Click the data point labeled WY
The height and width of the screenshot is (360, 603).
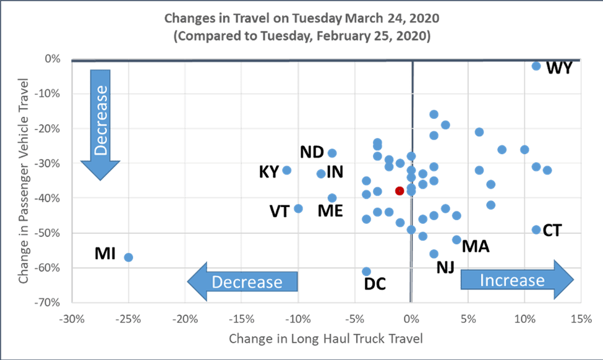click(536, 66)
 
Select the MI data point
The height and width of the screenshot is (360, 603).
click(129, 257)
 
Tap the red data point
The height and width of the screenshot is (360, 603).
click(400, 191)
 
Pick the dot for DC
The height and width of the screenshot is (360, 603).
click(366, 272)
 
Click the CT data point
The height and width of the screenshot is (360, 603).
click(536, 229)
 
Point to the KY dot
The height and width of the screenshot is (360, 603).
click(286, 170)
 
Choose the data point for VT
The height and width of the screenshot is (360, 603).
click(298, 208)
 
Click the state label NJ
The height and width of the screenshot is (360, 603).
click(445, 267)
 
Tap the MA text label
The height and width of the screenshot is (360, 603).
click(476, 247)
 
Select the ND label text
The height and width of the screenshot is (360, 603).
click(312, 152)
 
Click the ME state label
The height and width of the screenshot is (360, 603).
click(330, 211)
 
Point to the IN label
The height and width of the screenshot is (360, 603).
click(335, 172)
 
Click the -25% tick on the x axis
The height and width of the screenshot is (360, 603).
click(128, 319)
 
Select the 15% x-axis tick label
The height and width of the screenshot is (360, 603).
click(581, 319)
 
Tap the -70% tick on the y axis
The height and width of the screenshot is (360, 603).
click(48, 302)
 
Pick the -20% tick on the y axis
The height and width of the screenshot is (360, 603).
click(48, 129)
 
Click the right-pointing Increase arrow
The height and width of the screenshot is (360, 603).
click(517, 280)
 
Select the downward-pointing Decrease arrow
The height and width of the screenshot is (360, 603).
click(100, 125)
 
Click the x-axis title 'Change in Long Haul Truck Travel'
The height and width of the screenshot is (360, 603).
click(326, 338)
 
